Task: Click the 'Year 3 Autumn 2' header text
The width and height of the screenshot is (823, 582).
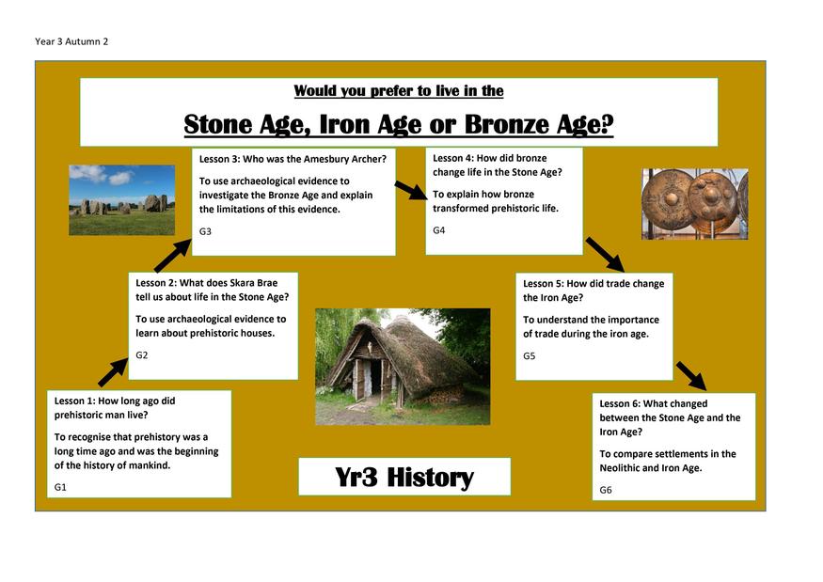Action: pos(71,41)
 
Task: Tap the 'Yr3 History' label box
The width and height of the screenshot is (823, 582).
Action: pos(404,477)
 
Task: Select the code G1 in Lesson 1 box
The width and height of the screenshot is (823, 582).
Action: pos(60,487)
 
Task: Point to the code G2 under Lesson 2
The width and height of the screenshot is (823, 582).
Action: pos(142,354)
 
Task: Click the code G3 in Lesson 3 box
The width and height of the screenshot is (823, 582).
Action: pos(205,231)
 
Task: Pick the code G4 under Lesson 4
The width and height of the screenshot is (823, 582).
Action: pos(439,229)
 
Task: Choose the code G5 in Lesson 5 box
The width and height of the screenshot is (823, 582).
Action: pos(529,355)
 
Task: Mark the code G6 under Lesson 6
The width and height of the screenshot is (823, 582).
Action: pos(606,490)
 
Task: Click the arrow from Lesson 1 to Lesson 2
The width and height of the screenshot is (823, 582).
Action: pos(113,372)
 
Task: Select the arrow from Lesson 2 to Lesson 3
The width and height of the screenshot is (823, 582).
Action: pos(173,255)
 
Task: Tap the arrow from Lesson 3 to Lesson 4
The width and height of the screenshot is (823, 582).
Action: pos(412,191)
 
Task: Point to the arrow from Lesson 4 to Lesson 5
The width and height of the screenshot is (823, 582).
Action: pos(605,255)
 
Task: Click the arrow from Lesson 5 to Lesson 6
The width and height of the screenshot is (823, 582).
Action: pos(691,376)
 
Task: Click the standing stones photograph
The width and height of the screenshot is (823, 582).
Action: pos(121,200)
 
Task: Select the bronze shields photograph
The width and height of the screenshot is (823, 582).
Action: pos(695,204)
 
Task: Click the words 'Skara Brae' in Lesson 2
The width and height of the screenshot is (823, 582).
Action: pos(254,283)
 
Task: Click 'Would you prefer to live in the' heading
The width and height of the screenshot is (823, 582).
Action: pos(399,91)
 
